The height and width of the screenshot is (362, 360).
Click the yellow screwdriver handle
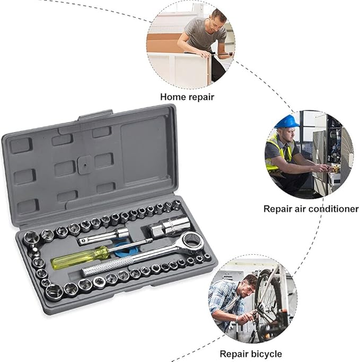[x=80, y=257]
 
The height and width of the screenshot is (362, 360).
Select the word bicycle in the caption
[x=266, y=354]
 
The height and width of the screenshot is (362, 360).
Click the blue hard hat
[x=287, y=122]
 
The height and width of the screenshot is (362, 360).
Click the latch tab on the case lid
[x=95, y=115]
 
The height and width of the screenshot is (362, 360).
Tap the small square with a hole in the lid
[x=85, y=165]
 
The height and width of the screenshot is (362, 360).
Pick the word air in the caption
[x=300, y=209]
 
